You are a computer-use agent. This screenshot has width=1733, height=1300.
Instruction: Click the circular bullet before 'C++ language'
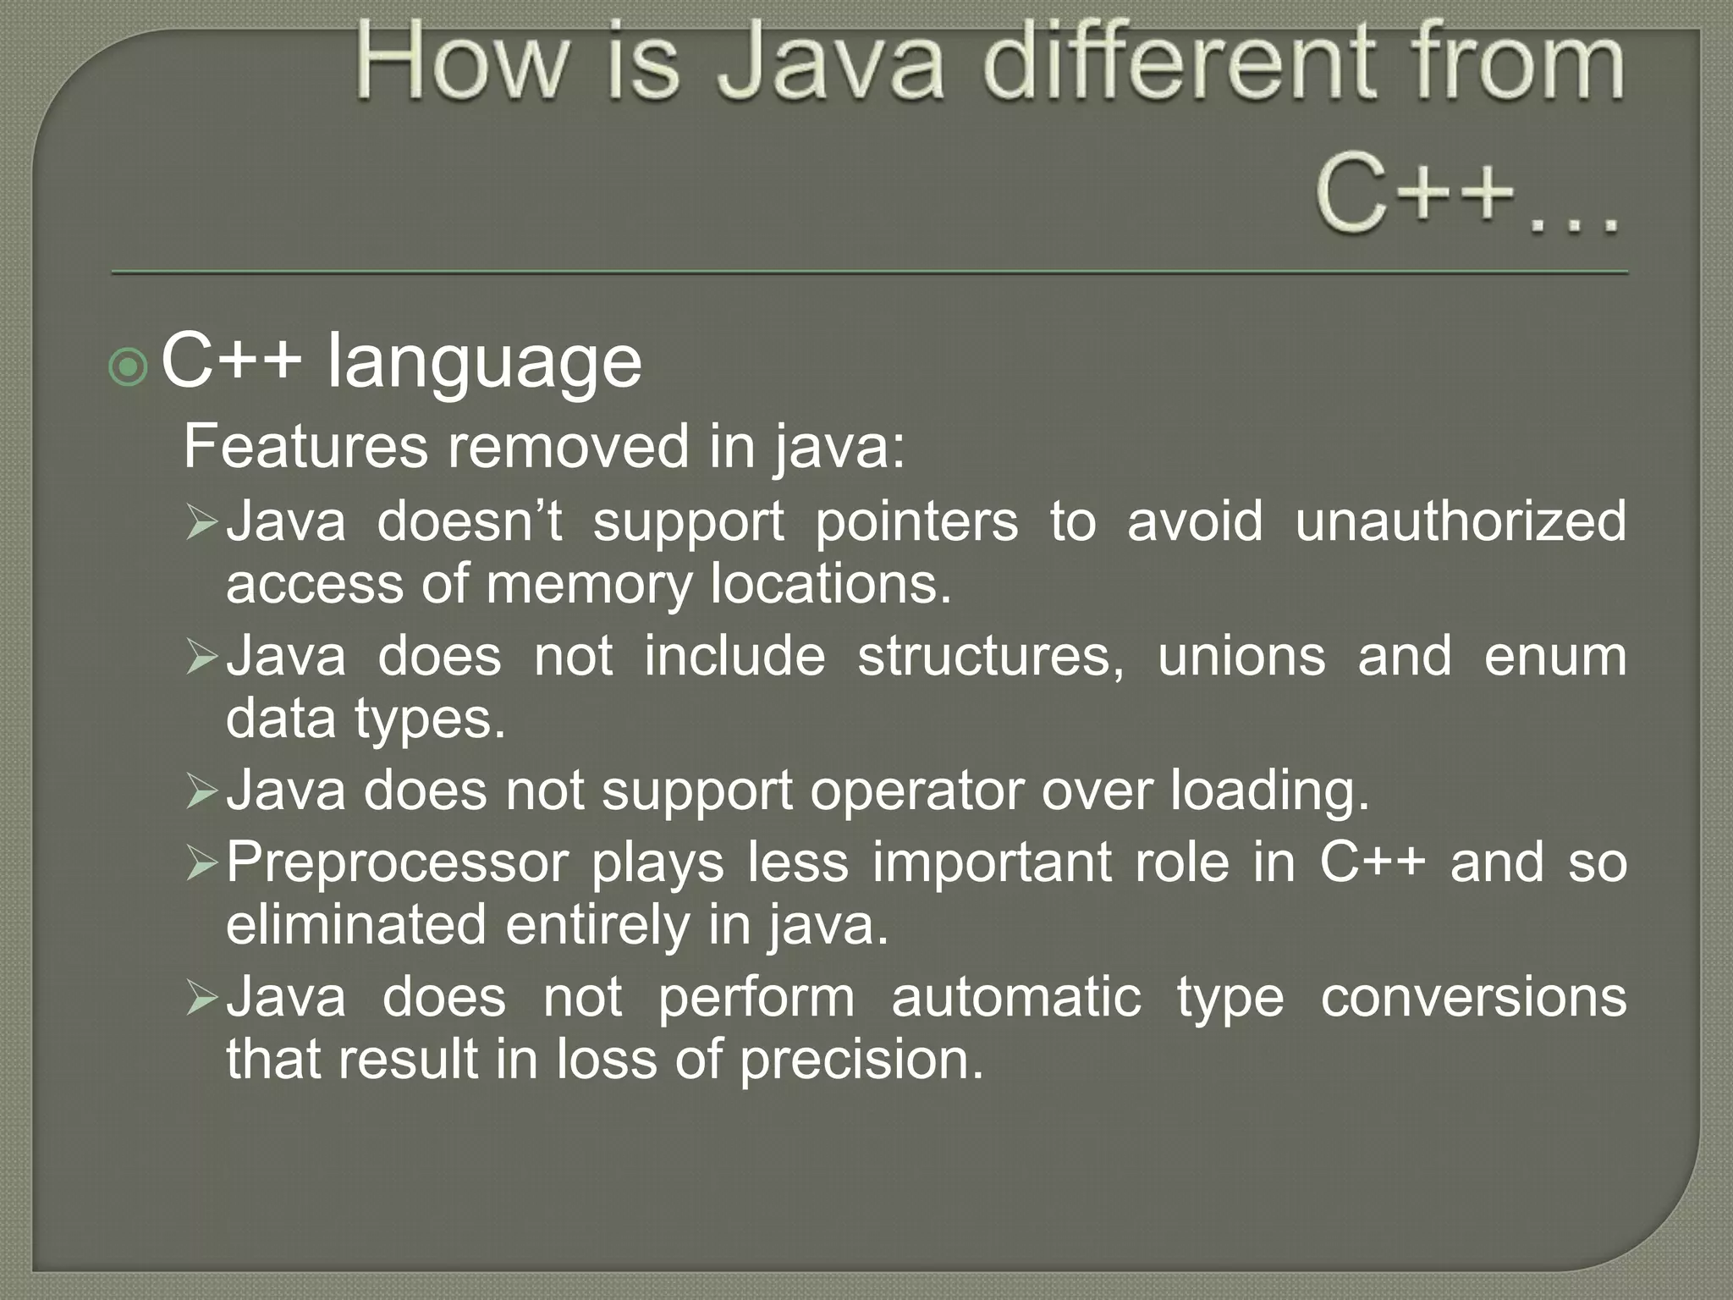coord(129,366)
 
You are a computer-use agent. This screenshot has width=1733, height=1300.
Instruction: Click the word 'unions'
coord(1241,656)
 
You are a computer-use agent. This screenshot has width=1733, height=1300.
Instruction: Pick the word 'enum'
coord(1554,656)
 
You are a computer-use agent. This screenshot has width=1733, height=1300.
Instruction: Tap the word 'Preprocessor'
coord(397,862)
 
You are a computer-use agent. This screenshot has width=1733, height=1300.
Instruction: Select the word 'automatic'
coord(1016,997)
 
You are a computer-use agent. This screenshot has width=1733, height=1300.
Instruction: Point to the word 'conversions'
coord(1473,997)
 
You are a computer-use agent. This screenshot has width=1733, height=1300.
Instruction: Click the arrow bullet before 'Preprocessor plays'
coord(202,864)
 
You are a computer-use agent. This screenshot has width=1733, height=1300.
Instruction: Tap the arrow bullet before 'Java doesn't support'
coord(202,523)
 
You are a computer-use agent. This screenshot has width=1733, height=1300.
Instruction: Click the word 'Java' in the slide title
coord(829,63)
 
